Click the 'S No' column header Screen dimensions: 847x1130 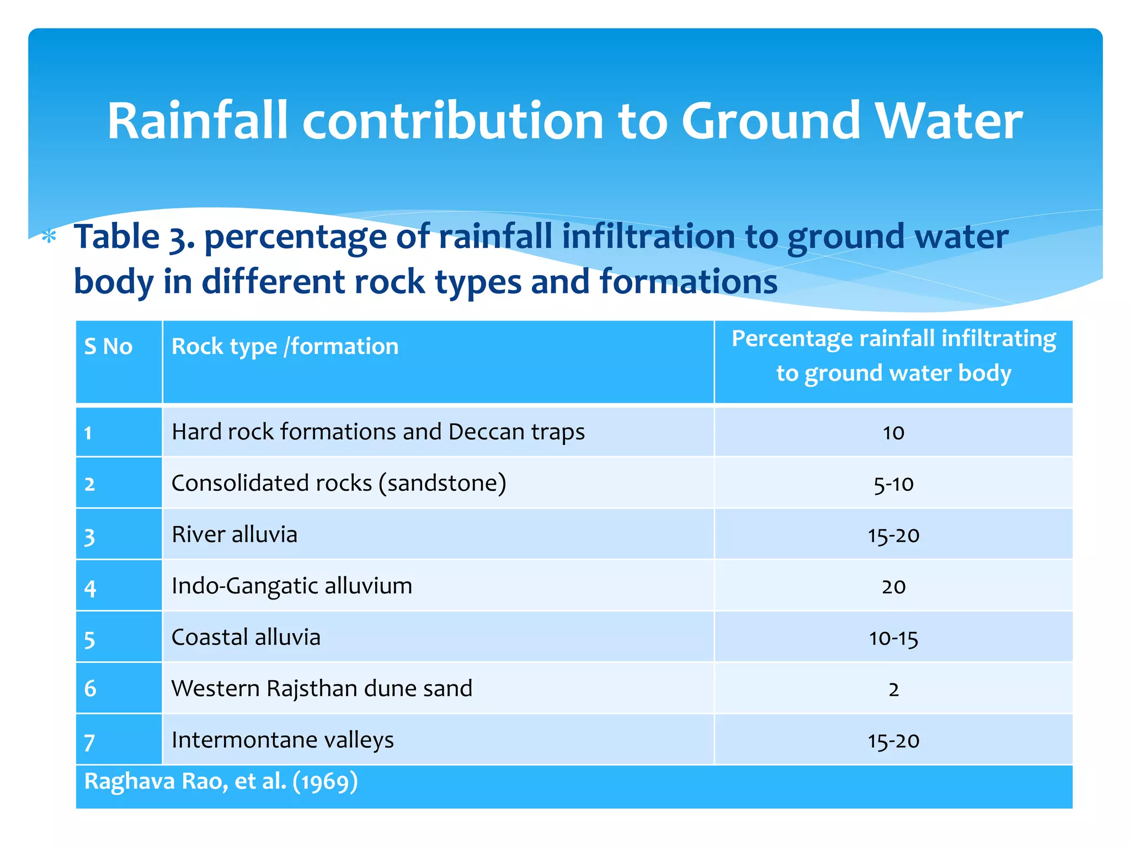[108, 347]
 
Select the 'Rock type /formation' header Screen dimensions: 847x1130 [285, 347]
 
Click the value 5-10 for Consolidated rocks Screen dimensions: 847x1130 [893, 484]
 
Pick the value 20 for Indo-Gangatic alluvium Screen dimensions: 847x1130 [893, 587]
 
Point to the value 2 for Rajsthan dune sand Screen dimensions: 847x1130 [893, 689]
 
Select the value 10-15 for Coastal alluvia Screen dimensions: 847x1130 [893, 639]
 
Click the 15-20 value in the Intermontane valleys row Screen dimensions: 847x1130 [893, 741]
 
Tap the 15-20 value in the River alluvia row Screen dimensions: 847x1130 [893, 535]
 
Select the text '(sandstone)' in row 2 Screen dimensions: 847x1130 [442, 484]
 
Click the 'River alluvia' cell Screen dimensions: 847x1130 [234, 535]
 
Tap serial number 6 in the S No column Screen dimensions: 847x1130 [90, 689]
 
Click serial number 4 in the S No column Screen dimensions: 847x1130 [90, 588]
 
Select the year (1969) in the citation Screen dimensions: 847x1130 [325, 782]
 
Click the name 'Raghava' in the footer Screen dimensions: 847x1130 [129, 782]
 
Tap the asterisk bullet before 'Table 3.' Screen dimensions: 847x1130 [50, 238]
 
